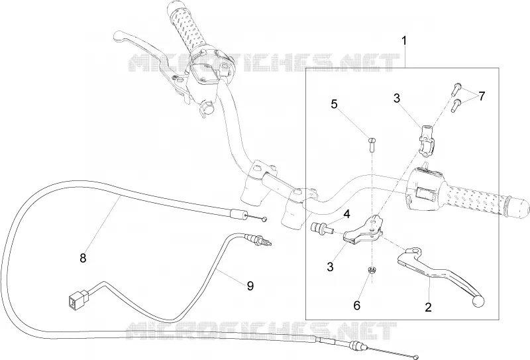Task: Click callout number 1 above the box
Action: [x=403, y=41]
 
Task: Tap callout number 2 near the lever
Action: [x=428, y=308]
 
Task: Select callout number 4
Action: [x=347, y=214]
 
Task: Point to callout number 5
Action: [x=334, y=104]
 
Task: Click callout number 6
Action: [x=357, y=306]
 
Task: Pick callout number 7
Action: [x=482, y=96]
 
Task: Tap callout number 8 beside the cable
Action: [x=83, y=258]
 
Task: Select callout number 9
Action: [x=250, y=286]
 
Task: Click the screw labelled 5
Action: [x=372, y=144]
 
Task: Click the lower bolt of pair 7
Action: [x=456, y=105]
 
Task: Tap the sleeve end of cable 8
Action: [x=238, y=214]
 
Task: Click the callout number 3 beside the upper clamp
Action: [x=397, y=98]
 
